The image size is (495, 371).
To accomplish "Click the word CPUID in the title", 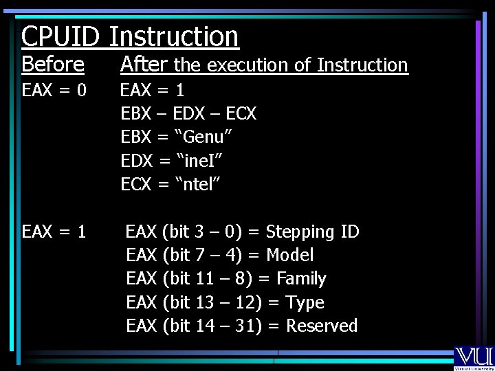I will point(61,36).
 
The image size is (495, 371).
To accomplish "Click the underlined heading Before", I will point(53,65).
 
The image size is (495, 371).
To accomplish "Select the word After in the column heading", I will point(144,65).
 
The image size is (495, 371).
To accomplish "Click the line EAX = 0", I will point(54,90).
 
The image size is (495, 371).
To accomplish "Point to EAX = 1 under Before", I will point(54,232).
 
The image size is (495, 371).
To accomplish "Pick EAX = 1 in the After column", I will point(153,90).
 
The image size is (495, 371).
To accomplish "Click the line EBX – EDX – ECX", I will point(188,113).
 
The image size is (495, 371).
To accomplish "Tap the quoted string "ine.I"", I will point(201,161).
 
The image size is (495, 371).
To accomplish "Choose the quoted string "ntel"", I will point(199,184).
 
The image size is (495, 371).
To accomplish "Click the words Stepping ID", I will point(312,232).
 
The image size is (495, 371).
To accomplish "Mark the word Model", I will point(289,255).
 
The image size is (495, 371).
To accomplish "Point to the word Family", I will point(301,278).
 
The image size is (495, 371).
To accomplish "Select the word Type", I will point(305,302).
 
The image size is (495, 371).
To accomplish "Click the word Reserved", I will point(322,326).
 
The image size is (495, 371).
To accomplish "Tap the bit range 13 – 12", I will point(225,302).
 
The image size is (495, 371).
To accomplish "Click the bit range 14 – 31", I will point(225,326).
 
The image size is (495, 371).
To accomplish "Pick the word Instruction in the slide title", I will point(174,36).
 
